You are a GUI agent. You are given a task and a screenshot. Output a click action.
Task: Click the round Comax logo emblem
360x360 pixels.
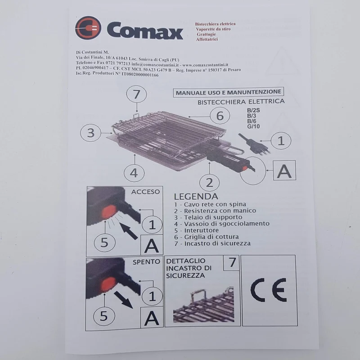88,28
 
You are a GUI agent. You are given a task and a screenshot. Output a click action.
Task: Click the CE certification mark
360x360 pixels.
269,290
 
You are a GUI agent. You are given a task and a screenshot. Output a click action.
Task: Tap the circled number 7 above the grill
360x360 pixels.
137,94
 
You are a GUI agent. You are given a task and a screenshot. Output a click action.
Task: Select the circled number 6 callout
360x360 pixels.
220,116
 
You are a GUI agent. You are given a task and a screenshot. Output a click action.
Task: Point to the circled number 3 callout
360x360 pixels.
91,133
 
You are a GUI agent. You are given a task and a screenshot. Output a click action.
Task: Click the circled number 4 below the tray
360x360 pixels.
134,173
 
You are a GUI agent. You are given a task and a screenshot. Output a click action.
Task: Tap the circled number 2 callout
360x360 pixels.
209,183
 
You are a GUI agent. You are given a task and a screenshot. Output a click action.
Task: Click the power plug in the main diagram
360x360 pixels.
254,144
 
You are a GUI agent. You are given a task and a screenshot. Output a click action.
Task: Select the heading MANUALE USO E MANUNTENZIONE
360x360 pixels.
229,92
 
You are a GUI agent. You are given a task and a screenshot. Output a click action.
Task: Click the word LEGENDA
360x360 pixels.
196,196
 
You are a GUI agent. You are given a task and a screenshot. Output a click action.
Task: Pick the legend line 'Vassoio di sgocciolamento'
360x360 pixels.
222,224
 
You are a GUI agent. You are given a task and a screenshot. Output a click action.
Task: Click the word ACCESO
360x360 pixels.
145,192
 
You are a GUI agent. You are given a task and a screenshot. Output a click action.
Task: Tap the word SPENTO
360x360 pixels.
146,262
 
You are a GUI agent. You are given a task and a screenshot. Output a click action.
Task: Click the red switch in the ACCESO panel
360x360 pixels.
108,212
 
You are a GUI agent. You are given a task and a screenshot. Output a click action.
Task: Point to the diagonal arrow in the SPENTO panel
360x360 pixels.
123,300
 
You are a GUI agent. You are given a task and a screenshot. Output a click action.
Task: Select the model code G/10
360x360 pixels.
253,126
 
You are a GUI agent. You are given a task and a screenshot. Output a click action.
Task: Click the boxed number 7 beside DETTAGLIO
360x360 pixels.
232,263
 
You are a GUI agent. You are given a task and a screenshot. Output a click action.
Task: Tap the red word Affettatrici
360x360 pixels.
207,40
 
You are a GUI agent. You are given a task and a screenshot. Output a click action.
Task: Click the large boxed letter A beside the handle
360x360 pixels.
284,171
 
